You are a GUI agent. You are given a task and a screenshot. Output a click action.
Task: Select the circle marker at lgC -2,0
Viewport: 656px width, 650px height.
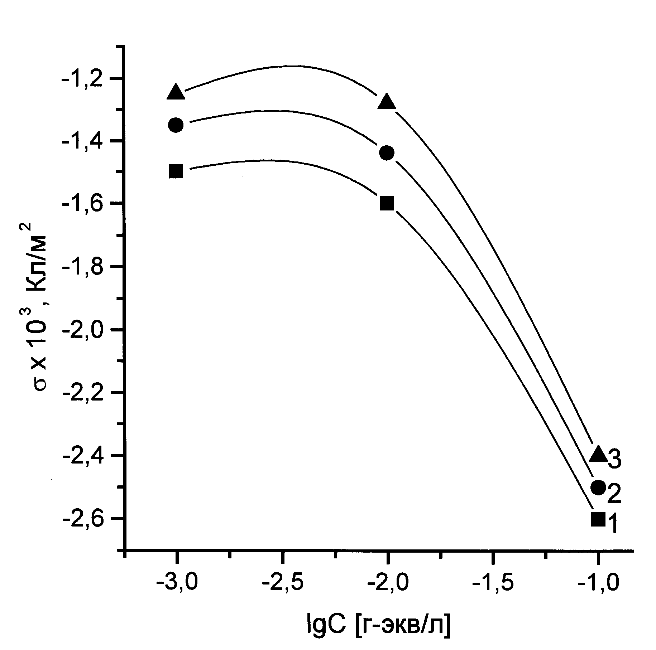click(387, 153)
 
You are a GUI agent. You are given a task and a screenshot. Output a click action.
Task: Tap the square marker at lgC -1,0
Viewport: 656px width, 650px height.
click(598, 519)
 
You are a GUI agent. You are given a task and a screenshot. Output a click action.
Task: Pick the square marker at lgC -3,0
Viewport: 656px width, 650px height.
click(176, 171)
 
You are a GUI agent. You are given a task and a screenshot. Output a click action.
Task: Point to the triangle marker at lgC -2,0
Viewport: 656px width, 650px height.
click(387, 102)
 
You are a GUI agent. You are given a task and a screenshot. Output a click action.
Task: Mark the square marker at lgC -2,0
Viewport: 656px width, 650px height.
click(387, 203)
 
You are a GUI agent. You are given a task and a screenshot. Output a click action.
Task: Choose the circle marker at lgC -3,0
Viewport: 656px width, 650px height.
click(176, 125)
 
